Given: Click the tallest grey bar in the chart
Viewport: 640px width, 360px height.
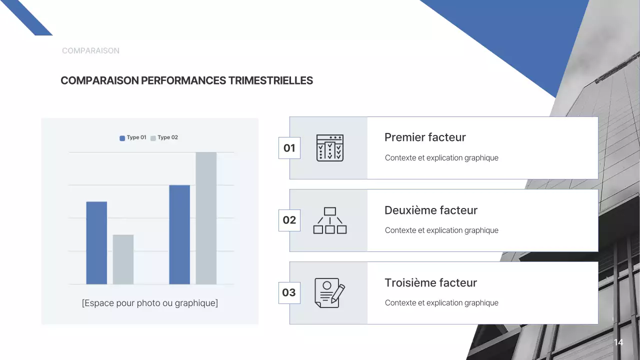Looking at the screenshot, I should (206, 218).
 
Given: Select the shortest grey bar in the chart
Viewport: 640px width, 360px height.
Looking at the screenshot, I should (123, 259).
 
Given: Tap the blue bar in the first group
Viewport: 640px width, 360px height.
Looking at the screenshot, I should (96, 243).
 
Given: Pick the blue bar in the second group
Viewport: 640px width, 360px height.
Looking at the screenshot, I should (179, 234).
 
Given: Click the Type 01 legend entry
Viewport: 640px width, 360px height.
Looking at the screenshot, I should (133, 137).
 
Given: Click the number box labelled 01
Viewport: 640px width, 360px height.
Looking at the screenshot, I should (289, 148).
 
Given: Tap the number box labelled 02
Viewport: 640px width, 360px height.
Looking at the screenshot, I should (289, 220).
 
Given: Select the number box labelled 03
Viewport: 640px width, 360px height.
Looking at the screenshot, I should (289, 293).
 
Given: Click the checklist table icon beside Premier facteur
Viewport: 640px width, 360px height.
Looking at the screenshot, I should (330, 148).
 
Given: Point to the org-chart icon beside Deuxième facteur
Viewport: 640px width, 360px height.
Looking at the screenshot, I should (330, 220).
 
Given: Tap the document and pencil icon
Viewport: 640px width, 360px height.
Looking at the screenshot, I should (329, 293).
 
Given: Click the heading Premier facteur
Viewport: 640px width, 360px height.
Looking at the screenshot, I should (425, 137).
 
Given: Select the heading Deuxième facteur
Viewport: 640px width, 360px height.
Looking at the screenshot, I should (431, 210).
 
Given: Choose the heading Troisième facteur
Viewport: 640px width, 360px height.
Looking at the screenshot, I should (431, 283).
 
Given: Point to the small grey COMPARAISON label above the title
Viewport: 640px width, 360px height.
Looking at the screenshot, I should (90, 51).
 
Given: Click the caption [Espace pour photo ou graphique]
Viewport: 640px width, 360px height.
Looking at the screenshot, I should (150, 303).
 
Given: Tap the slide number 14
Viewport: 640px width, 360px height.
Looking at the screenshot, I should (618, 342).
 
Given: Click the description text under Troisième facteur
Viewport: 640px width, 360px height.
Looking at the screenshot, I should (441, 303).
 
